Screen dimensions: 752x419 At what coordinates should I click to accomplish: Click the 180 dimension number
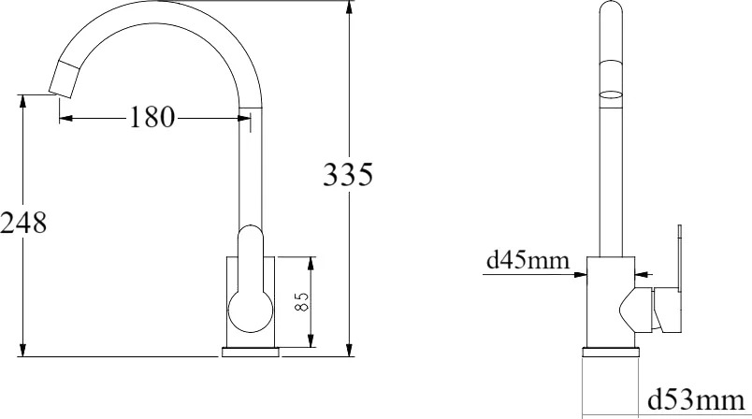(152, 118)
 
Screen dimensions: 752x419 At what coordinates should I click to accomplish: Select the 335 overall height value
(348, 175)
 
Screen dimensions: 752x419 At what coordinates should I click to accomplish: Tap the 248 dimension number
(23, 223)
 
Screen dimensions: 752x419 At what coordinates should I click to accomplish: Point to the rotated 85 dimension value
(302, 302)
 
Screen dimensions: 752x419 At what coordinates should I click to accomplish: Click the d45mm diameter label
(528, 260)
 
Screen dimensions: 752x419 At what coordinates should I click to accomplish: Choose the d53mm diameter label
(697, 400)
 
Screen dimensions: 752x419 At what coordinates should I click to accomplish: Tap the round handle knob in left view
(251, 311)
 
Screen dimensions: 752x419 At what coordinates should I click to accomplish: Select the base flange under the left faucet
(251, 353)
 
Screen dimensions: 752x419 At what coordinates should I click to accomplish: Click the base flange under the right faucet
(611, 353)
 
